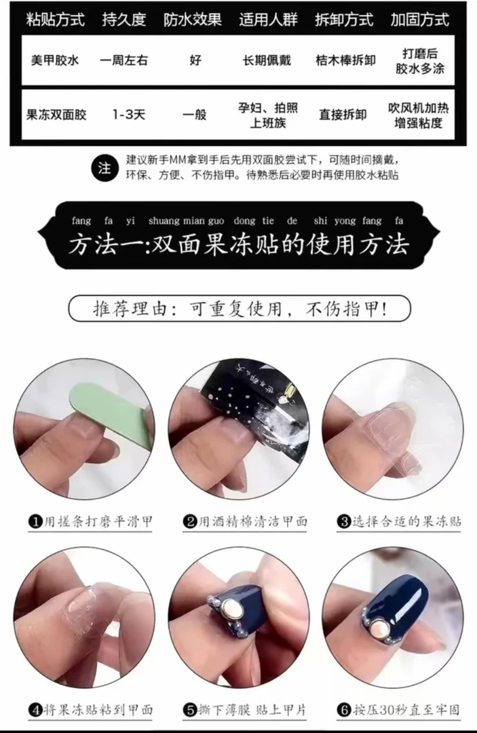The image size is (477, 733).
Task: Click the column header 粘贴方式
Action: coord(55,20)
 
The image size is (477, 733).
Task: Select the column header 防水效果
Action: coord(193,20)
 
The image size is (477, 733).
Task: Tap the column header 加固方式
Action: coord(419,20)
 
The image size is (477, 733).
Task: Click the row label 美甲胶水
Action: coord(55,60)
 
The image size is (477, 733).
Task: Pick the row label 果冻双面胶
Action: coord(57,114)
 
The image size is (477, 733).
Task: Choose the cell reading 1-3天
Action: coord(128,114)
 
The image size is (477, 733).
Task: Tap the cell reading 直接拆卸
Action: coord(343,114)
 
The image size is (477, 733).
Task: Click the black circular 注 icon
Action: coord(104,168)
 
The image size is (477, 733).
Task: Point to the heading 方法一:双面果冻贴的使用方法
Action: coord(238,243)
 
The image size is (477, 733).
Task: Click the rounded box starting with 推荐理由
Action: coord(240,309)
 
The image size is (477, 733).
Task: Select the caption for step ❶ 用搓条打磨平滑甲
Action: coord(90,521)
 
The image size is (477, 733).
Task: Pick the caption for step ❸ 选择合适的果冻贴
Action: coord(399,521)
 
